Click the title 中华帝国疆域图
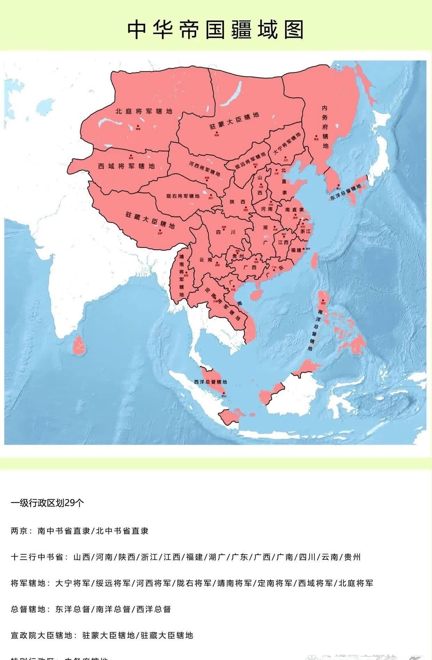point(215,30)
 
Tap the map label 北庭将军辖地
point(144,111)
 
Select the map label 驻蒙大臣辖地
point(234,121)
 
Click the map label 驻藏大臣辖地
point(150,220)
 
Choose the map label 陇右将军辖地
point(183,196)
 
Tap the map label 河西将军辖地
point(205,168)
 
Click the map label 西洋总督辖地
point(210,382)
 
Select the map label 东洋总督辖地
point(346,192)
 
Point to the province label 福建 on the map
point(296,250)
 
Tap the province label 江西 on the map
point(283,242)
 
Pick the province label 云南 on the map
point(206,259)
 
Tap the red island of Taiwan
point(314,261)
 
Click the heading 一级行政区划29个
point(47,503)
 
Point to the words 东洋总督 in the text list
point(73,609)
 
